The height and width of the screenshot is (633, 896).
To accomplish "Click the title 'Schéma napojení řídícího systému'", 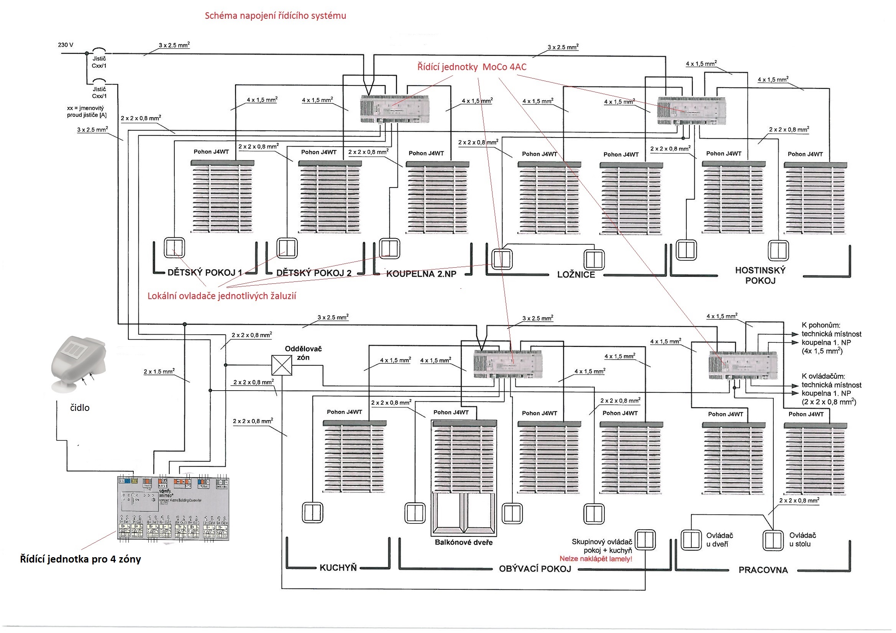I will (x=275, y=16).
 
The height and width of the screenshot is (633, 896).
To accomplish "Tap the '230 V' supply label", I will (x=66, y=45).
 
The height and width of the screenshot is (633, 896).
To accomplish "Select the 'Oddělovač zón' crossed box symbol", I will (x=281, y=365).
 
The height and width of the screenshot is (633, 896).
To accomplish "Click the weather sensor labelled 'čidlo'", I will (x=78, y=363).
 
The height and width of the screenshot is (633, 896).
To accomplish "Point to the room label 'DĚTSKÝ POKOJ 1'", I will (x=205, y=272).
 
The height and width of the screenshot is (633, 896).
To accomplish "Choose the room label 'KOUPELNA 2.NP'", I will (x=421, y=274).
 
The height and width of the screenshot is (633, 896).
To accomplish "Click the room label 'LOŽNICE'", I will (x=576, y=275).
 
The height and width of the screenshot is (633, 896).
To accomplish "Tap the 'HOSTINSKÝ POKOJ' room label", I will (x=760, y=275).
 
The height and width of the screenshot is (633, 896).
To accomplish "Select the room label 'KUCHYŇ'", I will (x=338, y=568).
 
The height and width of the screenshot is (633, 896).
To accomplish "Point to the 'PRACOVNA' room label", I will (x=763, y=570).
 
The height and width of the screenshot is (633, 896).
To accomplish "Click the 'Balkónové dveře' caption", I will (x=464, y=543).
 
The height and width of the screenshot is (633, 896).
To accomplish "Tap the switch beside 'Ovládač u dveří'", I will (x=691, y=540).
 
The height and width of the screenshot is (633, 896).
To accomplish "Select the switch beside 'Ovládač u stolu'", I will (x=773, y=540).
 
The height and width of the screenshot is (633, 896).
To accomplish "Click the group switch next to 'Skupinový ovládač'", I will (x=645, y=540).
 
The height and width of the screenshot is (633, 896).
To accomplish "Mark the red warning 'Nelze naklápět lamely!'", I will (x=596, y=559).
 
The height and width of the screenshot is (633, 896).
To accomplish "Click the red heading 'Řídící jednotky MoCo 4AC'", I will (x=471, y=67).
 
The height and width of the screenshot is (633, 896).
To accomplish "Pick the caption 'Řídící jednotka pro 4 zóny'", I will (x=80, y=559).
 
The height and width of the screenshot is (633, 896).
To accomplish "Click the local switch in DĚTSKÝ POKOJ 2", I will (x=287, y=248).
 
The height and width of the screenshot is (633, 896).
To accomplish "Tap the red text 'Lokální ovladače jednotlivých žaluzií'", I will (x=222, y=296).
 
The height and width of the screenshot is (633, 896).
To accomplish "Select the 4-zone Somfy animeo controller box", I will (x=173, y=509).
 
